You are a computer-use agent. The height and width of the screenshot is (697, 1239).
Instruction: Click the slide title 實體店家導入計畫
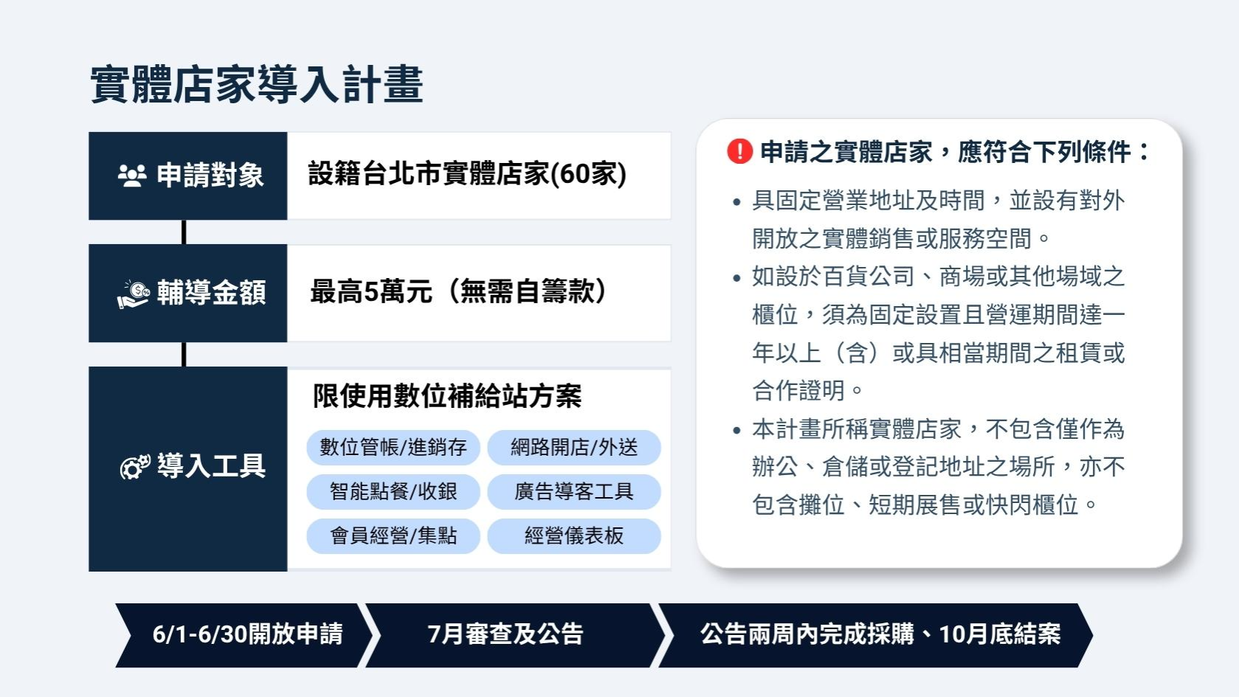(257, 84)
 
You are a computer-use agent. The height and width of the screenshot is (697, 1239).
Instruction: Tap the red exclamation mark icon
(739, 151)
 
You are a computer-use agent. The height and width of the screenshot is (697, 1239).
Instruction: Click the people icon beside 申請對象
(132, 176)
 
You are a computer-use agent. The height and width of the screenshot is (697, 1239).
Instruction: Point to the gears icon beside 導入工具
(135, 467)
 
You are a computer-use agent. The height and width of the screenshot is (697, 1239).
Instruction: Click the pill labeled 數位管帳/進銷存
(393, 447)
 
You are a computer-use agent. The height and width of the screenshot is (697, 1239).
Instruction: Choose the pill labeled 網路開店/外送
(574, 447)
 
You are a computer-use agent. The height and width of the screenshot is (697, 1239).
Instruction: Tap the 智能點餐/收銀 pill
(393, 491)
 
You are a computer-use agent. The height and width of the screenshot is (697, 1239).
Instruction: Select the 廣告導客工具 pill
(574, 491)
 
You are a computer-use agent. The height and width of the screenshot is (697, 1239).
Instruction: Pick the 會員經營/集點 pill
(393, 535)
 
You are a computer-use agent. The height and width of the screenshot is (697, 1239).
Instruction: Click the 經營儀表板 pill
(574, 535)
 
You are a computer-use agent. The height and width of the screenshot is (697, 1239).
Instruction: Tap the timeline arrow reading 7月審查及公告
(512, 635)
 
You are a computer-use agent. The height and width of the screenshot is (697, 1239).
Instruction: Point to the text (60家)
(589, 174)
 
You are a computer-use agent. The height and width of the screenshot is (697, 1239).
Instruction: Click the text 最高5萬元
(371, 291)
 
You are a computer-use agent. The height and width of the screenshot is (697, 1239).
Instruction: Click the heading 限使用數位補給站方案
(447, 396)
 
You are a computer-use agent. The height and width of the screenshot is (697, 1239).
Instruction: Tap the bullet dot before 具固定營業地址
(736, 202)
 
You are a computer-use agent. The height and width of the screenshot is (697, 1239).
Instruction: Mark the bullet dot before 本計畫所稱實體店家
(736, 431)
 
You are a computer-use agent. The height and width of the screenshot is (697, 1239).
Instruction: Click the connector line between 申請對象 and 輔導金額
(184, 232)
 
